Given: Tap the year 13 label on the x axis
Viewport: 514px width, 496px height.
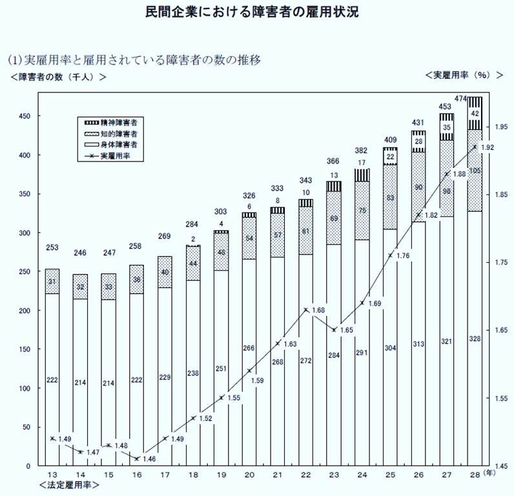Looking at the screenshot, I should point(52,475).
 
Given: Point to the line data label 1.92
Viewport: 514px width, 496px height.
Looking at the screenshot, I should point(488,148).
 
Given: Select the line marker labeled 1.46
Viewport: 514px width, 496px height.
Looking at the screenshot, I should point(137,459).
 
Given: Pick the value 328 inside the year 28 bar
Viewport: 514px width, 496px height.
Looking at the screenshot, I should point(475,338).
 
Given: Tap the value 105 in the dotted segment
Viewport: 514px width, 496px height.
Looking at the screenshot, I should point(475,170).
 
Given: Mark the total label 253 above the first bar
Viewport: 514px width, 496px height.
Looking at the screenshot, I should point(52,247).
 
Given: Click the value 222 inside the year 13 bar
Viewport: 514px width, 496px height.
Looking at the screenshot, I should point(52,379).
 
